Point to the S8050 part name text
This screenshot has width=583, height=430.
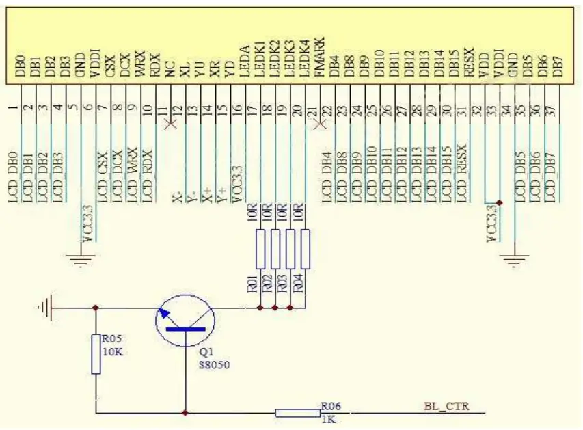click(x=213, y=366)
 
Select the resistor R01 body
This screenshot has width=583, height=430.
click(x=260, y=249)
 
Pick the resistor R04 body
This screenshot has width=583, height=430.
click(x=306, y=249)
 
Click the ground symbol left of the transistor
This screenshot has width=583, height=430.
click(x=45, y=308)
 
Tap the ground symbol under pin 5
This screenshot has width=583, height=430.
click(x=82, y=259)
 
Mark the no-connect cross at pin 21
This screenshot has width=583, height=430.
click(x=318, y=124)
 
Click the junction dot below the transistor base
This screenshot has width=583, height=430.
click(x=185, y=412)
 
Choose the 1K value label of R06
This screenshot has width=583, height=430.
click(x=328, y=418)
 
